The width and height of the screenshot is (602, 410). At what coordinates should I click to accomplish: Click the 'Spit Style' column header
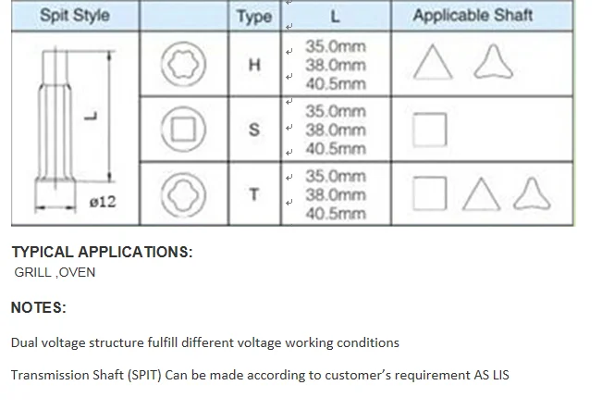pyautogui.click(x=75, y=17)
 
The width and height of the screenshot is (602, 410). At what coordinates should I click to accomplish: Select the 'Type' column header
pyautogui.click(x=253, y=17)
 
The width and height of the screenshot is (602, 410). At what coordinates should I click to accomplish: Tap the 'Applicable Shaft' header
pyautogui.click(x=472, y=16)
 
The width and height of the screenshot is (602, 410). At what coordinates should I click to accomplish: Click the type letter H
pyautogui.click(x=255, y=65)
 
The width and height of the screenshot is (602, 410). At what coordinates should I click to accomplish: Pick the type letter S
pyautogui.click(x=254, y=130)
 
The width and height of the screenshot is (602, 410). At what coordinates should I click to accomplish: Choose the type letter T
pyautogui.click(x=254, y=194)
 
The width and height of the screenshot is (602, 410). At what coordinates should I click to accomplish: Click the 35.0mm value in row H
pyautogui.click(x=336, y=46)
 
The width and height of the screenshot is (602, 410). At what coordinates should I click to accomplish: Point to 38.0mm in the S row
pyautogui.click(x=336, y=130)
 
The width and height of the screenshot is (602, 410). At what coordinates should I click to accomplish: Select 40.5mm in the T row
pyautogui.click(x=336, y=214)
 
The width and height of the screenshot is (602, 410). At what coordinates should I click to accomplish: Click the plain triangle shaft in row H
pyautogui.click(x=431, y=64)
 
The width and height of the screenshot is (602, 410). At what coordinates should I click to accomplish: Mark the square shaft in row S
pyautogui.click(x=429, y=129)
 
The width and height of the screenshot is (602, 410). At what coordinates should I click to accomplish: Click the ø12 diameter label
pyautogui.click(x=102, y=201)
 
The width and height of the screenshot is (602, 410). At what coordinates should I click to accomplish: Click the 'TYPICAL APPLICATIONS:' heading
pyautogui.click(x=102, y=252)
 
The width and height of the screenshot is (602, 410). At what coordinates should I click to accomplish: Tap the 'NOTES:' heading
pyautogui.click(x=39, y=307)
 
